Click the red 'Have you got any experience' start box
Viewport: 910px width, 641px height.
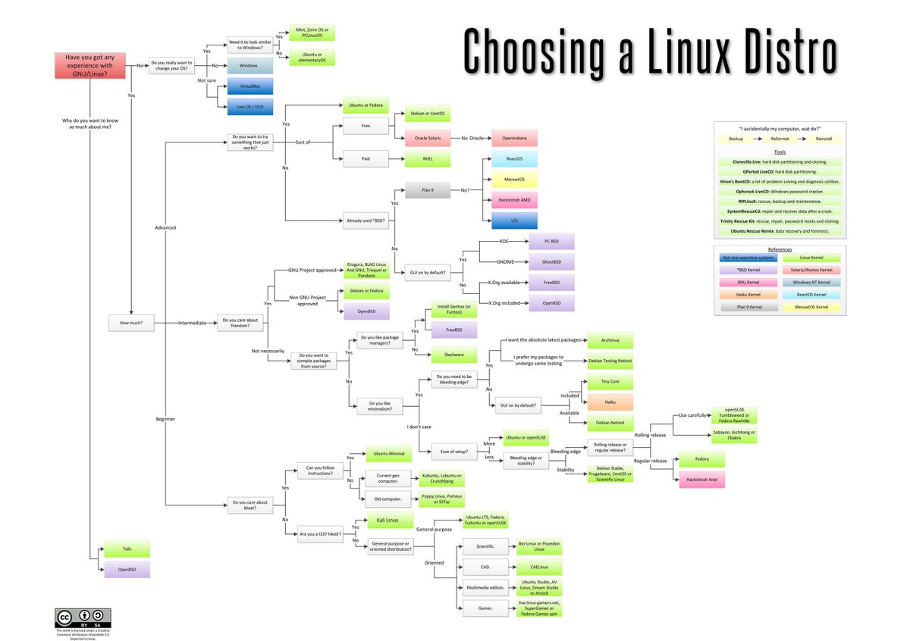click(89, 65)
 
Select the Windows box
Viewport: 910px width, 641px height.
click(248, 66)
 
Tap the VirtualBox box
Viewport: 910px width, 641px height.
click(248, 87)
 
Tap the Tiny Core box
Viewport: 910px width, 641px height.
click(610, 382)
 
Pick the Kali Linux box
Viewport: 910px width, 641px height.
click(388, 521)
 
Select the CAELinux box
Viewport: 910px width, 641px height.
click(539, 567)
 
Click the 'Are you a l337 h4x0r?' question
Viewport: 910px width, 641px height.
click(320, 534)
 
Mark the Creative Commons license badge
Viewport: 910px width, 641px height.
click(82, 616)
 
